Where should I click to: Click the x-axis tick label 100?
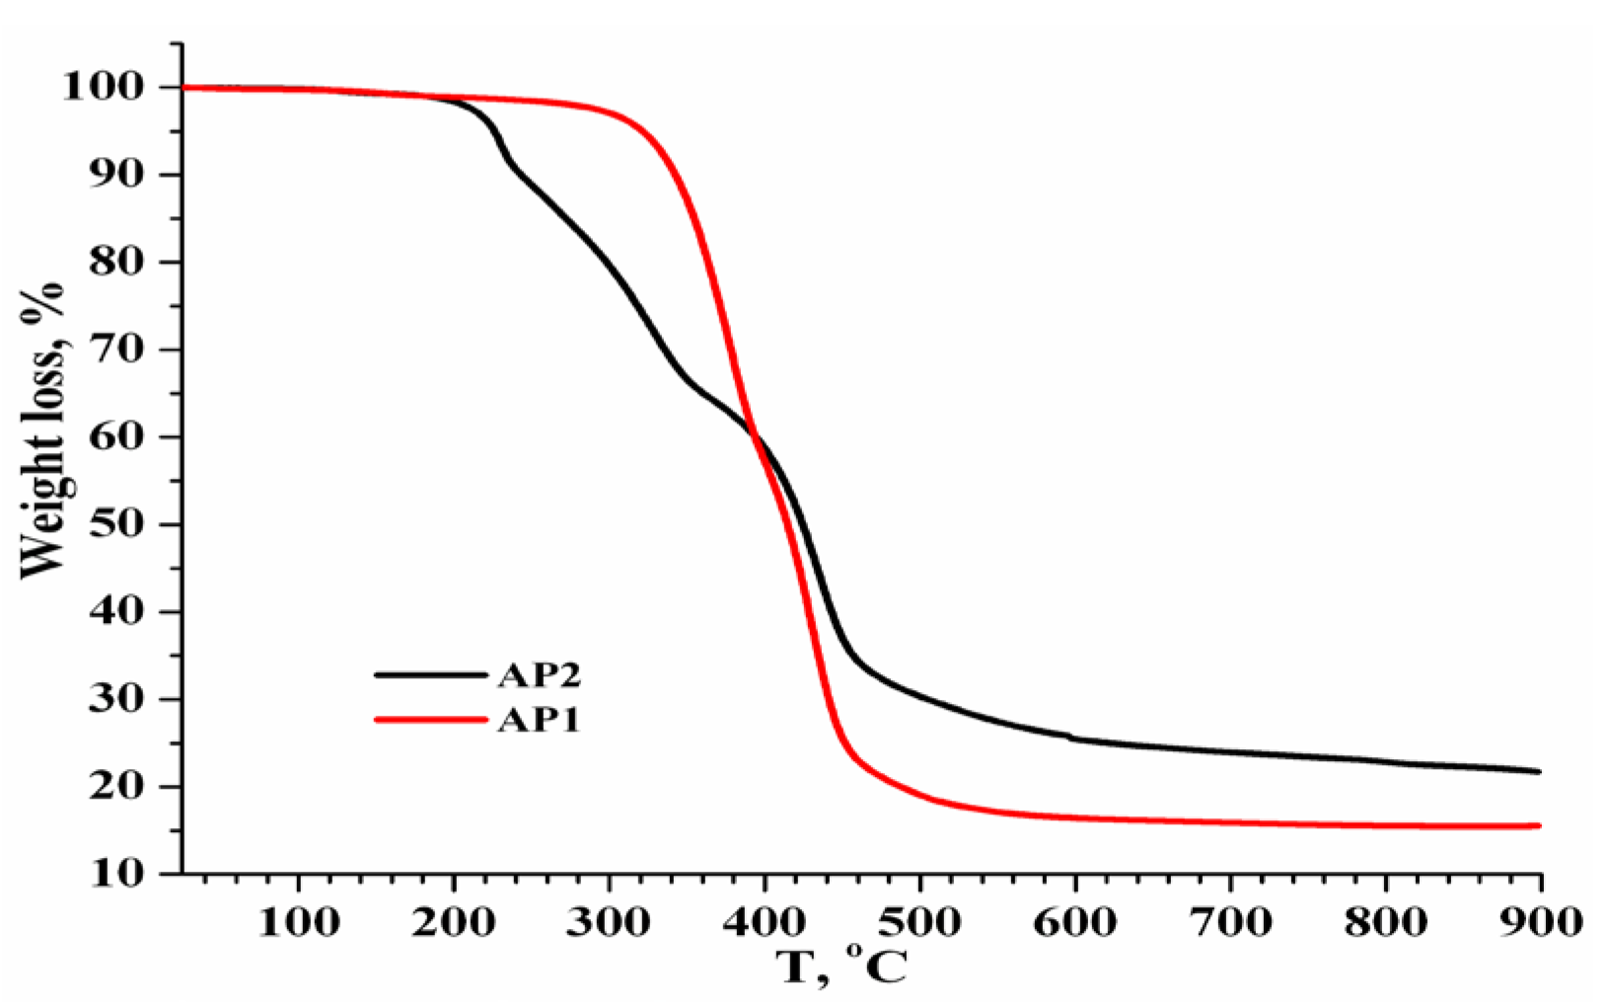coord(298,922)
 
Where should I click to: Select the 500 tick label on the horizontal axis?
coord(919,922)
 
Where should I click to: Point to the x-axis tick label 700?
coord(1230,922)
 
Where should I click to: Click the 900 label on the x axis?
coord(1539,922)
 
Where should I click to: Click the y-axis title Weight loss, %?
coord(41,429)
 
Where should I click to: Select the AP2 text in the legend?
coord(539,675)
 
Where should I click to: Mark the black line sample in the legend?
coord(431,675)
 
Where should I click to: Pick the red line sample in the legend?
coord(431,720)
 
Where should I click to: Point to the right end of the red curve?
coord(1538,825)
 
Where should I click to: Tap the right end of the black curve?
coord(1538,771)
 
